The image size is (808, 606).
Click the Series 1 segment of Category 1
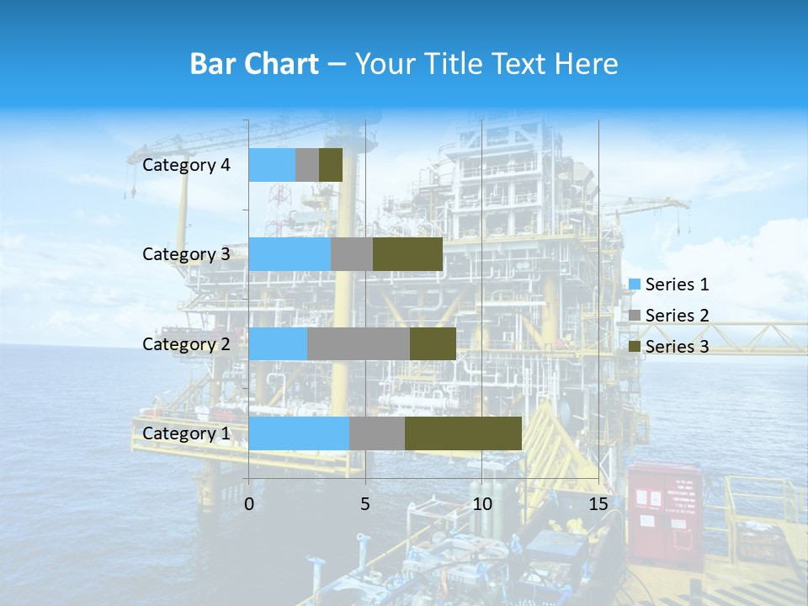click(x=299, y=433)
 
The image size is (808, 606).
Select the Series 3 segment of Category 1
click(x=463, y=433)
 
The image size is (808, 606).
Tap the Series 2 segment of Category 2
click(x=359, y=344)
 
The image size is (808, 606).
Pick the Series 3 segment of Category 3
click(x=407, y=254)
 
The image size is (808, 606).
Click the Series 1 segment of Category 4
click(x=272, y=165)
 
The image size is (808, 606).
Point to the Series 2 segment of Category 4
click(x=307, y=165)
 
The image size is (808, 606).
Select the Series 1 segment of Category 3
click(x=290, y=254)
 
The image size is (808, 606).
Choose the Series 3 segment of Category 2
click(x=433, y=344)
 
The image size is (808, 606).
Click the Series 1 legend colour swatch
click(x=635, y=284)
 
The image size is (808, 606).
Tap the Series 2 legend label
click(x=677, y=316)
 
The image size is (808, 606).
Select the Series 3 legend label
click(x=677, y=347)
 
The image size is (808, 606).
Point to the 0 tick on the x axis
click(x=249, y=504)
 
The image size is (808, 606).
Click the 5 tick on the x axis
click(x=365, y=504)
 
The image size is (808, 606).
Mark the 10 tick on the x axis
click(x=481, y=504)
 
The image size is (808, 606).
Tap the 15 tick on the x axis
click(x=598, y=504)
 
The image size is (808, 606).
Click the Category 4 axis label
click(x=186, y=165)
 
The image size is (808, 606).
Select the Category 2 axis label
click(x=186, y=344)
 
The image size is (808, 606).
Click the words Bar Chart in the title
click(x=254, y=64)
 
